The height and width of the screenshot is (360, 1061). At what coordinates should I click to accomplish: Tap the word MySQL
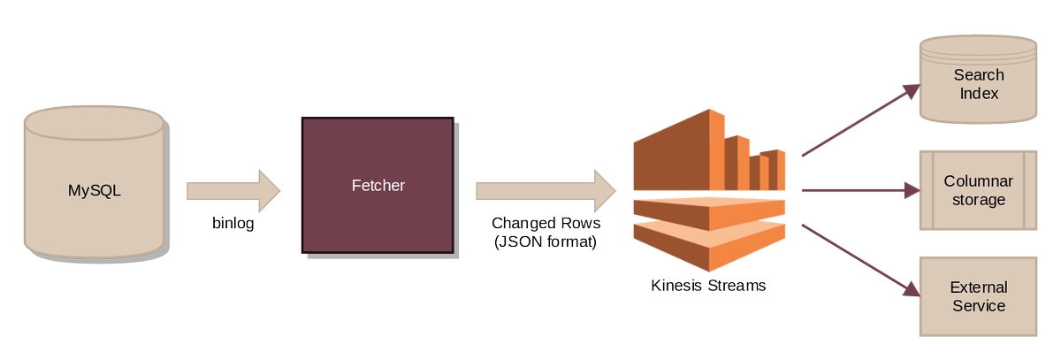[94, 189]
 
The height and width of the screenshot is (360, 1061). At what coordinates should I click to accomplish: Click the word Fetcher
[378, 186]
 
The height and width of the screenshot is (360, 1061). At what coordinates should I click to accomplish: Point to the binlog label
[233, 223]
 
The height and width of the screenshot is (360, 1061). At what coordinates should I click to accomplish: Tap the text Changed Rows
[545, 223]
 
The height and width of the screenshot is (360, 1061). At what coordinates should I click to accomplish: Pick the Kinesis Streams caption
[708, 286]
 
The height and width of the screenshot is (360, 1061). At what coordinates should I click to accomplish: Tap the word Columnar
[978, 181]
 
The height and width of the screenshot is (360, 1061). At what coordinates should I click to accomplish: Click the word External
[978, 287]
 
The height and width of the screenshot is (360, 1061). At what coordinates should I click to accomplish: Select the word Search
[978, 75]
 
